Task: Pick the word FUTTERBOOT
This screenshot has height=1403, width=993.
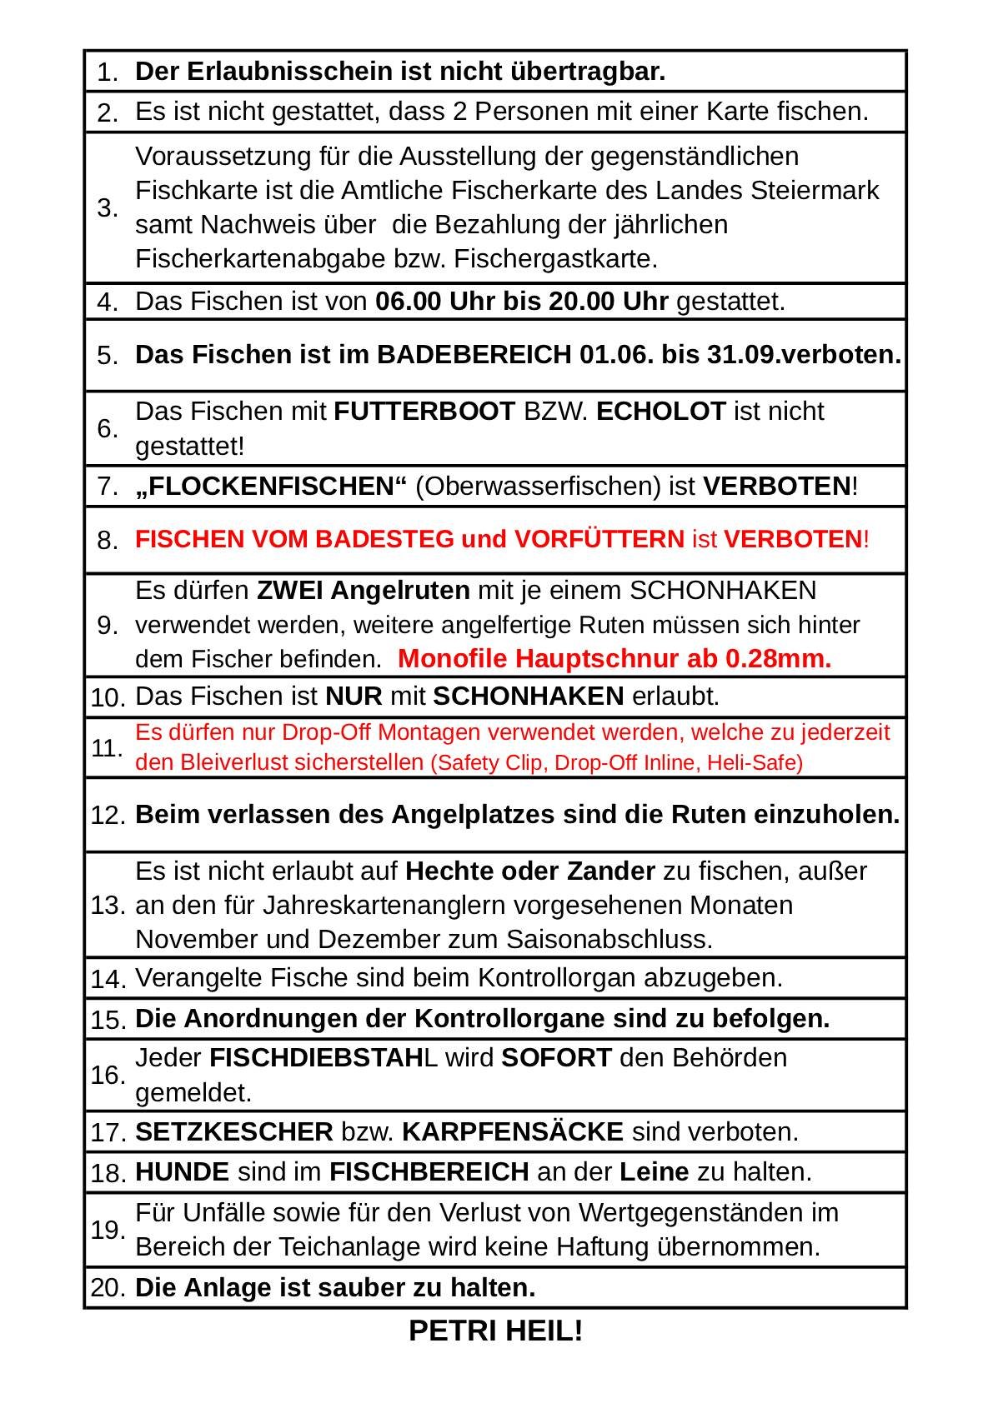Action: (424, 412)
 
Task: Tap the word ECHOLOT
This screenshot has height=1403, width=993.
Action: (661, 412)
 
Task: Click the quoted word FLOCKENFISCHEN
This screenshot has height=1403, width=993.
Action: (271, 487)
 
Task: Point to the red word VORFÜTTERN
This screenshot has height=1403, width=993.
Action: (599, 540)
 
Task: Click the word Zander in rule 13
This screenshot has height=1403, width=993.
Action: (611, 871)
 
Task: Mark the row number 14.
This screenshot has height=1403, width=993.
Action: (108, 979)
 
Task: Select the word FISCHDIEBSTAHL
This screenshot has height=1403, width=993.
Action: (323, 1058)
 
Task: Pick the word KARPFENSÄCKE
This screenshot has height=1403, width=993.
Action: (513, 1132)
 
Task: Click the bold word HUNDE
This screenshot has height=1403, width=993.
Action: (182, 1172)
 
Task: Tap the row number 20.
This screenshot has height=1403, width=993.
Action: (108, 1288)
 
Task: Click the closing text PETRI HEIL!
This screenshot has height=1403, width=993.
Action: (495, 1331)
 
